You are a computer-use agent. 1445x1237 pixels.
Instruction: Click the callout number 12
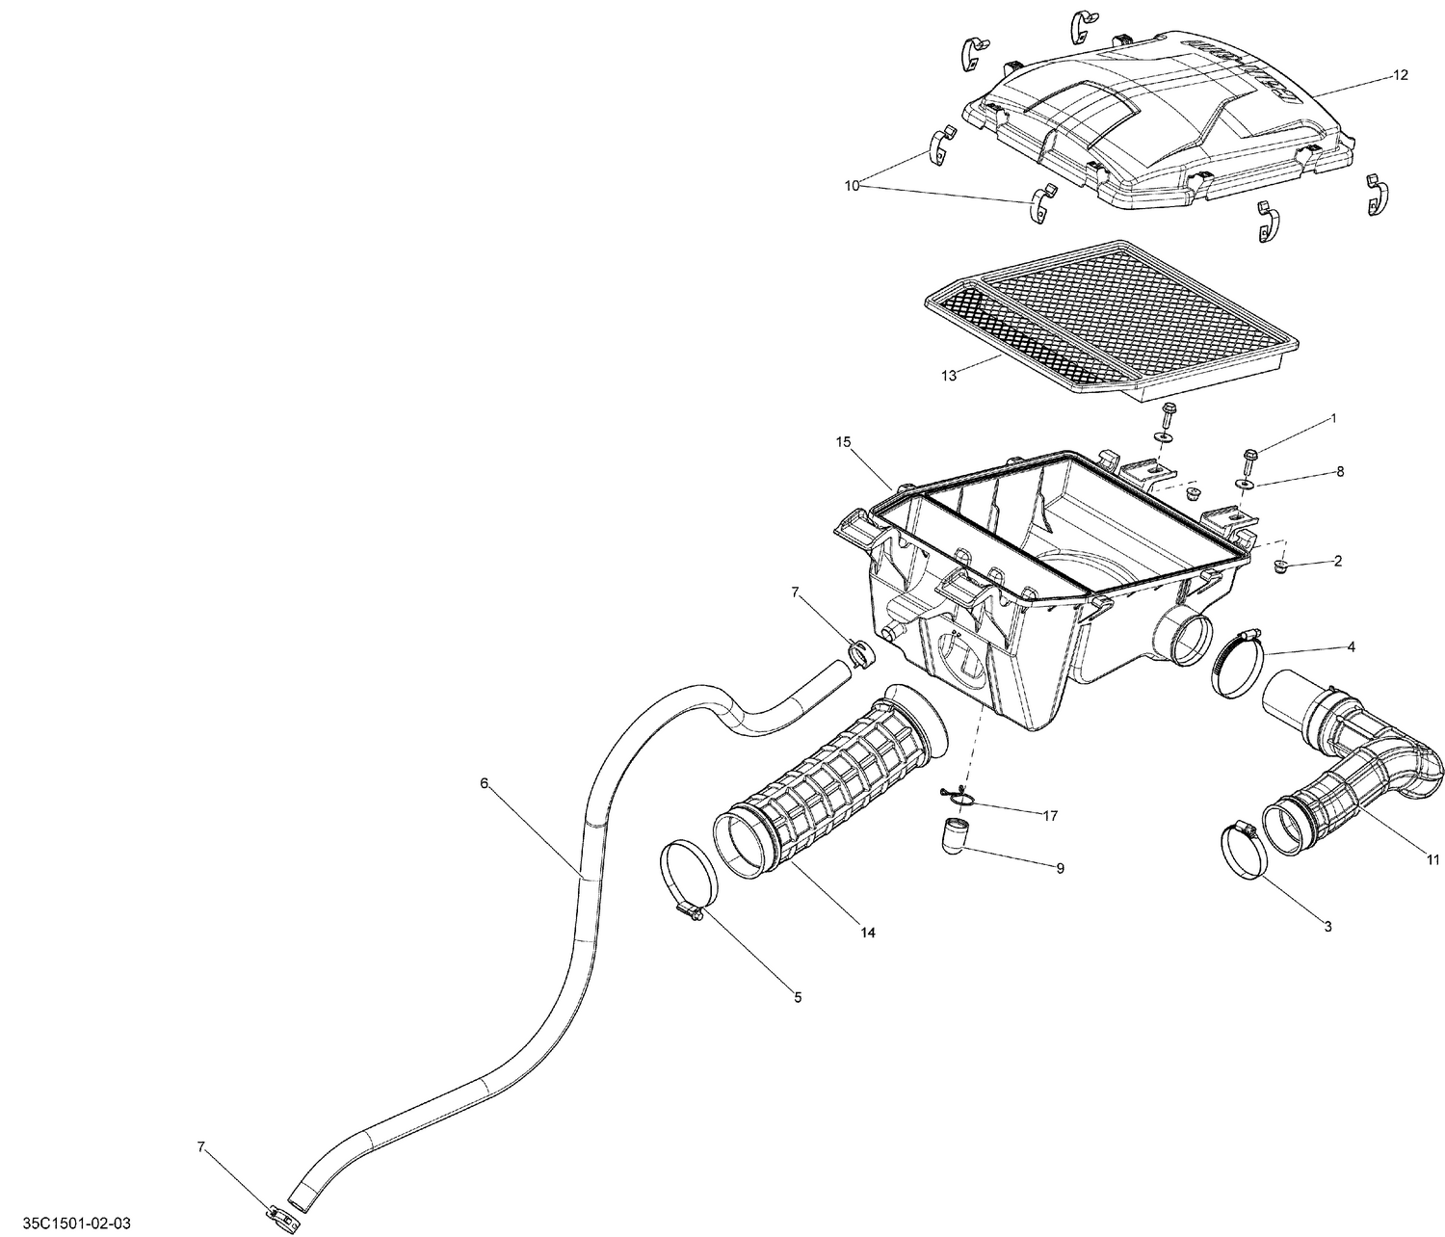click(x=1400, y=75)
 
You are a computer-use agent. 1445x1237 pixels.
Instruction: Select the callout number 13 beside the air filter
click(x=949, y=376)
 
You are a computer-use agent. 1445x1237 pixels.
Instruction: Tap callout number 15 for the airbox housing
click(x=844, y=442)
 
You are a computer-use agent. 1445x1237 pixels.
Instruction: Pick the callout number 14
click(x=868, y=933)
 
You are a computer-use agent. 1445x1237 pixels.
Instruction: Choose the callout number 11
click(x=1432, y=860)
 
